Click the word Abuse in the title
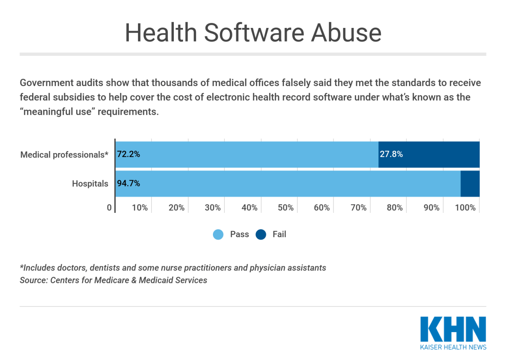(x=346, y=33)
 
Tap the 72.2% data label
(x=128, y=154)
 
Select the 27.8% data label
(x=391, y=154)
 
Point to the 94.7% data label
(x=128, y=184)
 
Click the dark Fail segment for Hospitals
(x=470, y=184)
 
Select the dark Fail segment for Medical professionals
(x=439, y=154)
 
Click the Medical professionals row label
(x=64, y=155)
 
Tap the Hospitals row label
(x=90, y=184)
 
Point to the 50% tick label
(x=285, y=208)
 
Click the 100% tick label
(x=465, y=208)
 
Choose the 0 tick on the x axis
(x=109, y=208)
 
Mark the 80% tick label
(x=395, y=208)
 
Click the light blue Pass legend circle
(x=218, y=234)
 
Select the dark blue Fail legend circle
(x=261, y=234)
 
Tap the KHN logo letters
(x=453, y=329)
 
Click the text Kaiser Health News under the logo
(x=453, y=347)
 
